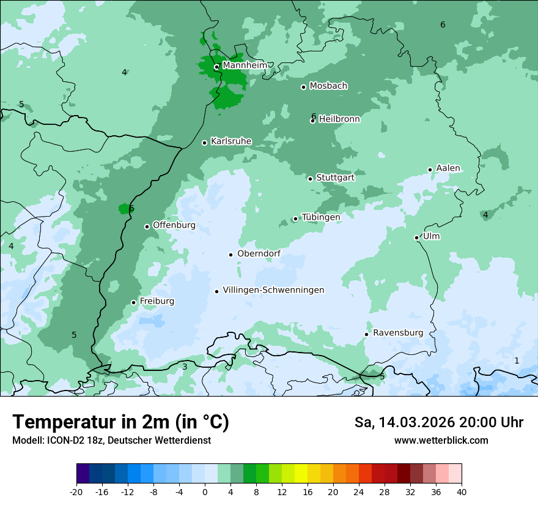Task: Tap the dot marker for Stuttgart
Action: point(311,179)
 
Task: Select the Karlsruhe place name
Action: point(231,141)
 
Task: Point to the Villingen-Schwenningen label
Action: point(273,290)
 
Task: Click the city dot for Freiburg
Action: point(133,302)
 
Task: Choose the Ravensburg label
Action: point(398,333)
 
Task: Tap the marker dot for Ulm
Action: point(416,237)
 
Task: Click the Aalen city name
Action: point(448,168)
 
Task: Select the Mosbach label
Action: point(328,86)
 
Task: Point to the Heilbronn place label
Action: point(339,119)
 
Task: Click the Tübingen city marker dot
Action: point(295,219)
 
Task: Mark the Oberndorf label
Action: point(259,253)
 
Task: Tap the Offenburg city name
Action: point(174,225)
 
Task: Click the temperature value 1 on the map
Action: point(517,360)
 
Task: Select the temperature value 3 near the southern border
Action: point(185,367)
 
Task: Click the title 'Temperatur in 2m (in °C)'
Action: point(120,422)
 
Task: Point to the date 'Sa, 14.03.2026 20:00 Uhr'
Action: point(438,422)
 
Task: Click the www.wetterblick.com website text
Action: point(441,440)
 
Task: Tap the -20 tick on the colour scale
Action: point(76,491)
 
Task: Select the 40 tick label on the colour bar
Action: point(462,491)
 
